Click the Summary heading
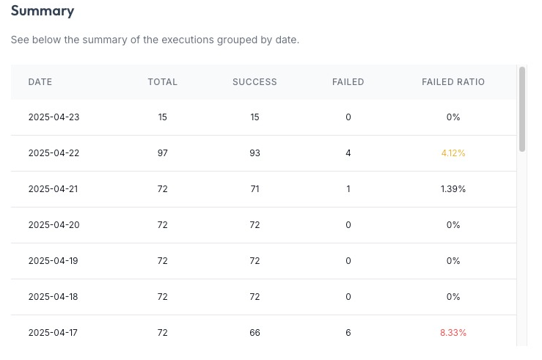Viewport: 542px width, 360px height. click(43, 11)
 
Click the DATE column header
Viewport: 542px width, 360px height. click(40, 82)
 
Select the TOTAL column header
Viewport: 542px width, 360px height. click(162, 82)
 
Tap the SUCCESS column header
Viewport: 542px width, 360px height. click(254, 82)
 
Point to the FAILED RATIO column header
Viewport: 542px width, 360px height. click(453, 82)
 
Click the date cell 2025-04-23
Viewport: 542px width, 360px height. click(54, 117)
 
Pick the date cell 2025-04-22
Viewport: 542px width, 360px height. click(54, 153)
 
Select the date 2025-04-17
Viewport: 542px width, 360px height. click(53, 333)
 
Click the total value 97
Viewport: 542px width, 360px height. click(162, 153)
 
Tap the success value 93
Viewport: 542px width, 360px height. click(254, 153)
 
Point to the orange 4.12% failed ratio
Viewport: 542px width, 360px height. click(453, 153)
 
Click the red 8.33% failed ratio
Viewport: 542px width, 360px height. click(453, 333)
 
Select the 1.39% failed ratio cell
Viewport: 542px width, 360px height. click(453, 189)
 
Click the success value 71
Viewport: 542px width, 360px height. click(254, 189)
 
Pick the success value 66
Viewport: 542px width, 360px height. click(254, 333)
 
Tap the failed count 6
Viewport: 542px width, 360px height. click(348, 333)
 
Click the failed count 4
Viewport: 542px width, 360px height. click(348, 153)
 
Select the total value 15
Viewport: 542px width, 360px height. click(162, 117)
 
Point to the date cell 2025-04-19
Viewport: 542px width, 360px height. click(54, 261)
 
